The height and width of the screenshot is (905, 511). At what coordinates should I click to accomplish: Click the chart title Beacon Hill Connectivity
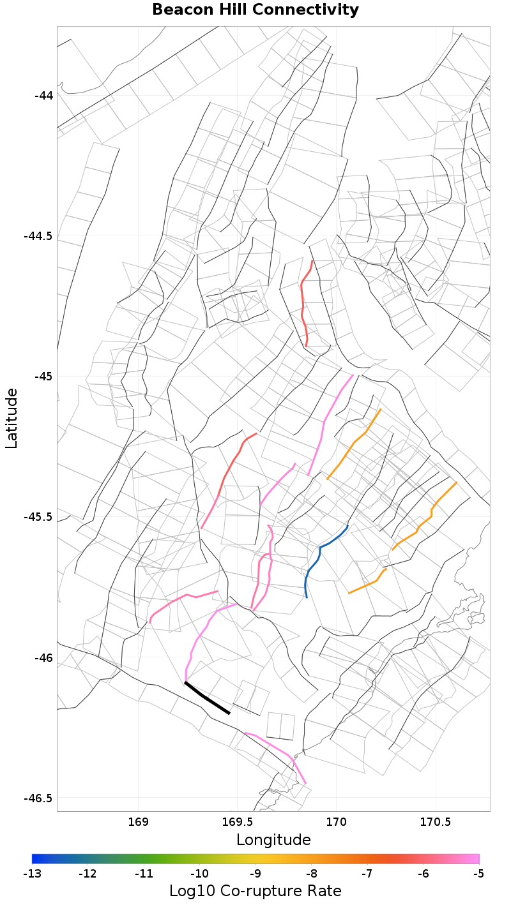point(255,10)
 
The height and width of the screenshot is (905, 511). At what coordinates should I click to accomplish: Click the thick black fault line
point(207,698)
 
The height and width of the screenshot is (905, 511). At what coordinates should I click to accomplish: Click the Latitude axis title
point(11,419)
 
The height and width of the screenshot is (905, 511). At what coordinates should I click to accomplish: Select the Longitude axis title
point(273,840)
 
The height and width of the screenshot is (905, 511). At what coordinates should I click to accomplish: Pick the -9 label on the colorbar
point(256,872)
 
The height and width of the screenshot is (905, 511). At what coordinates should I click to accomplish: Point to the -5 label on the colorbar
point(479,872)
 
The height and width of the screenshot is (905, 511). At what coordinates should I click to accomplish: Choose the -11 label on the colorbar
point(144,872)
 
